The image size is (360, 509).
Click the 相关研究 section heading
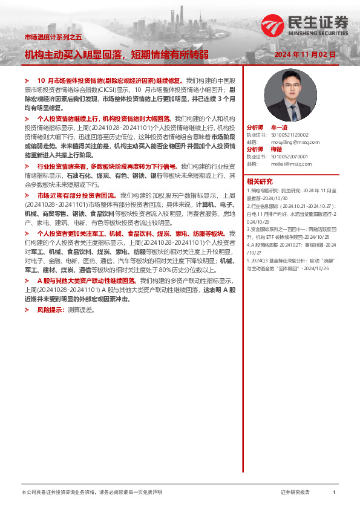(260, 181)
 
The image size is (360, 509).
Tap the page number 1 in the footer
(334, 493)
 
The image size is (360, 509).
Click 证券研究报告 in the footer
(295, 493)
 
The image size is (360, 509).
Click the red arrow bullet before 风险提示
(27, 310)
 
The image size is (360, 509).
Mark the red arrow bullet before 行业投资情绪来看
(27, 166)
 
